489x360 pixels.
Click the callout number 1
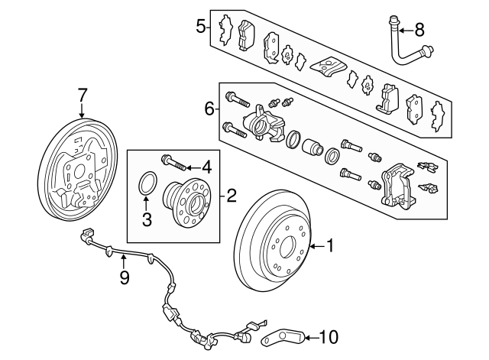[330, 246]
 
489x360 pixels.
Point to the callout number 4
[206, 167]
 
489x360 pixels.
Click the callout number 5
[200, 28]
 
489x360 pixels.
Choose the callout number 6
[209, 109]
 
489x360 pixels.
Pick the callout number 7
[83, 95]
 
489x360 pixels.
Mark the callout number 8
[419, 31]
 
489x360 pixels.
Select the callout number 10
[327, 336]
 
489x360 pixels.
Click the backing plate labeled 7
[74, 168]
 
